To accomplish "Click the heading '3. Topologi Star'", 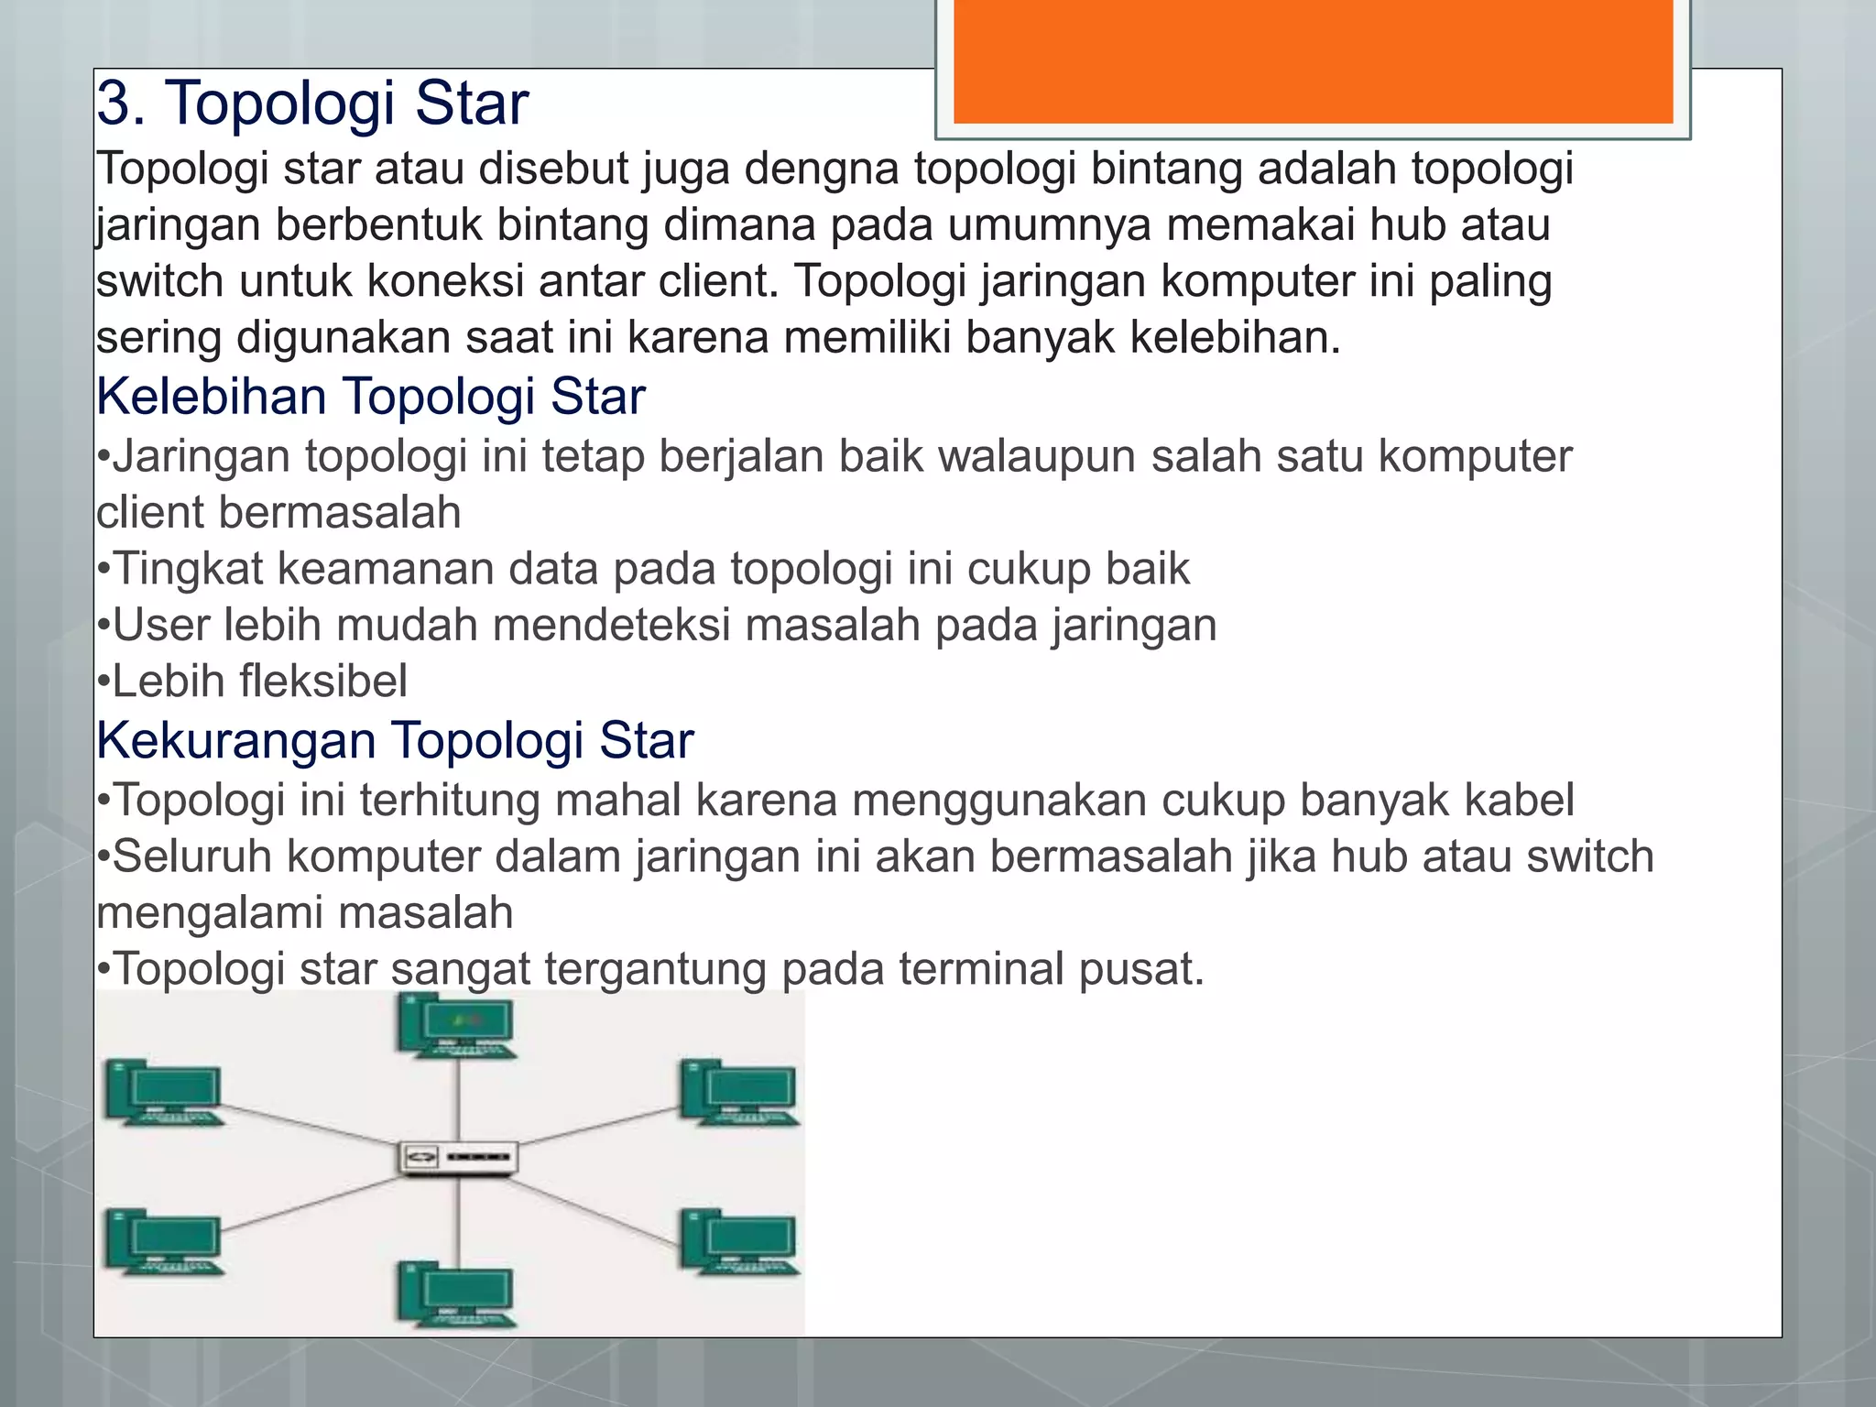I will (312, 103).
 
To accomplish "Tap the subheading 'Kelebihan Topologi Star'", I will (371, 397).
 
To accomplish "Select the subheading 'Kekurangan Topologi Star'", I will (395, 740).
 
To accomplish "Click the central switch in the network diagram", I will (458, 1158).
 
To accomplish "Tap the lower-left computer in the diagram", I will (164, 1242).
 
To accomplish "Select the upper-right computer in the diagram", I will (739, 1092).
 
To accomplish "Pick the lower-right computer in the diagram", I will (739, 1242).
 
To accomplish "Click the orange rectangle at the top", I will (1313, 60).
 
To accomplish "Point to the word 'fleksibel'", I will (323, 682).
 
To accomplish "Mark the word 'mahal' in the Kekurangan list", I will (617, 800).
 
